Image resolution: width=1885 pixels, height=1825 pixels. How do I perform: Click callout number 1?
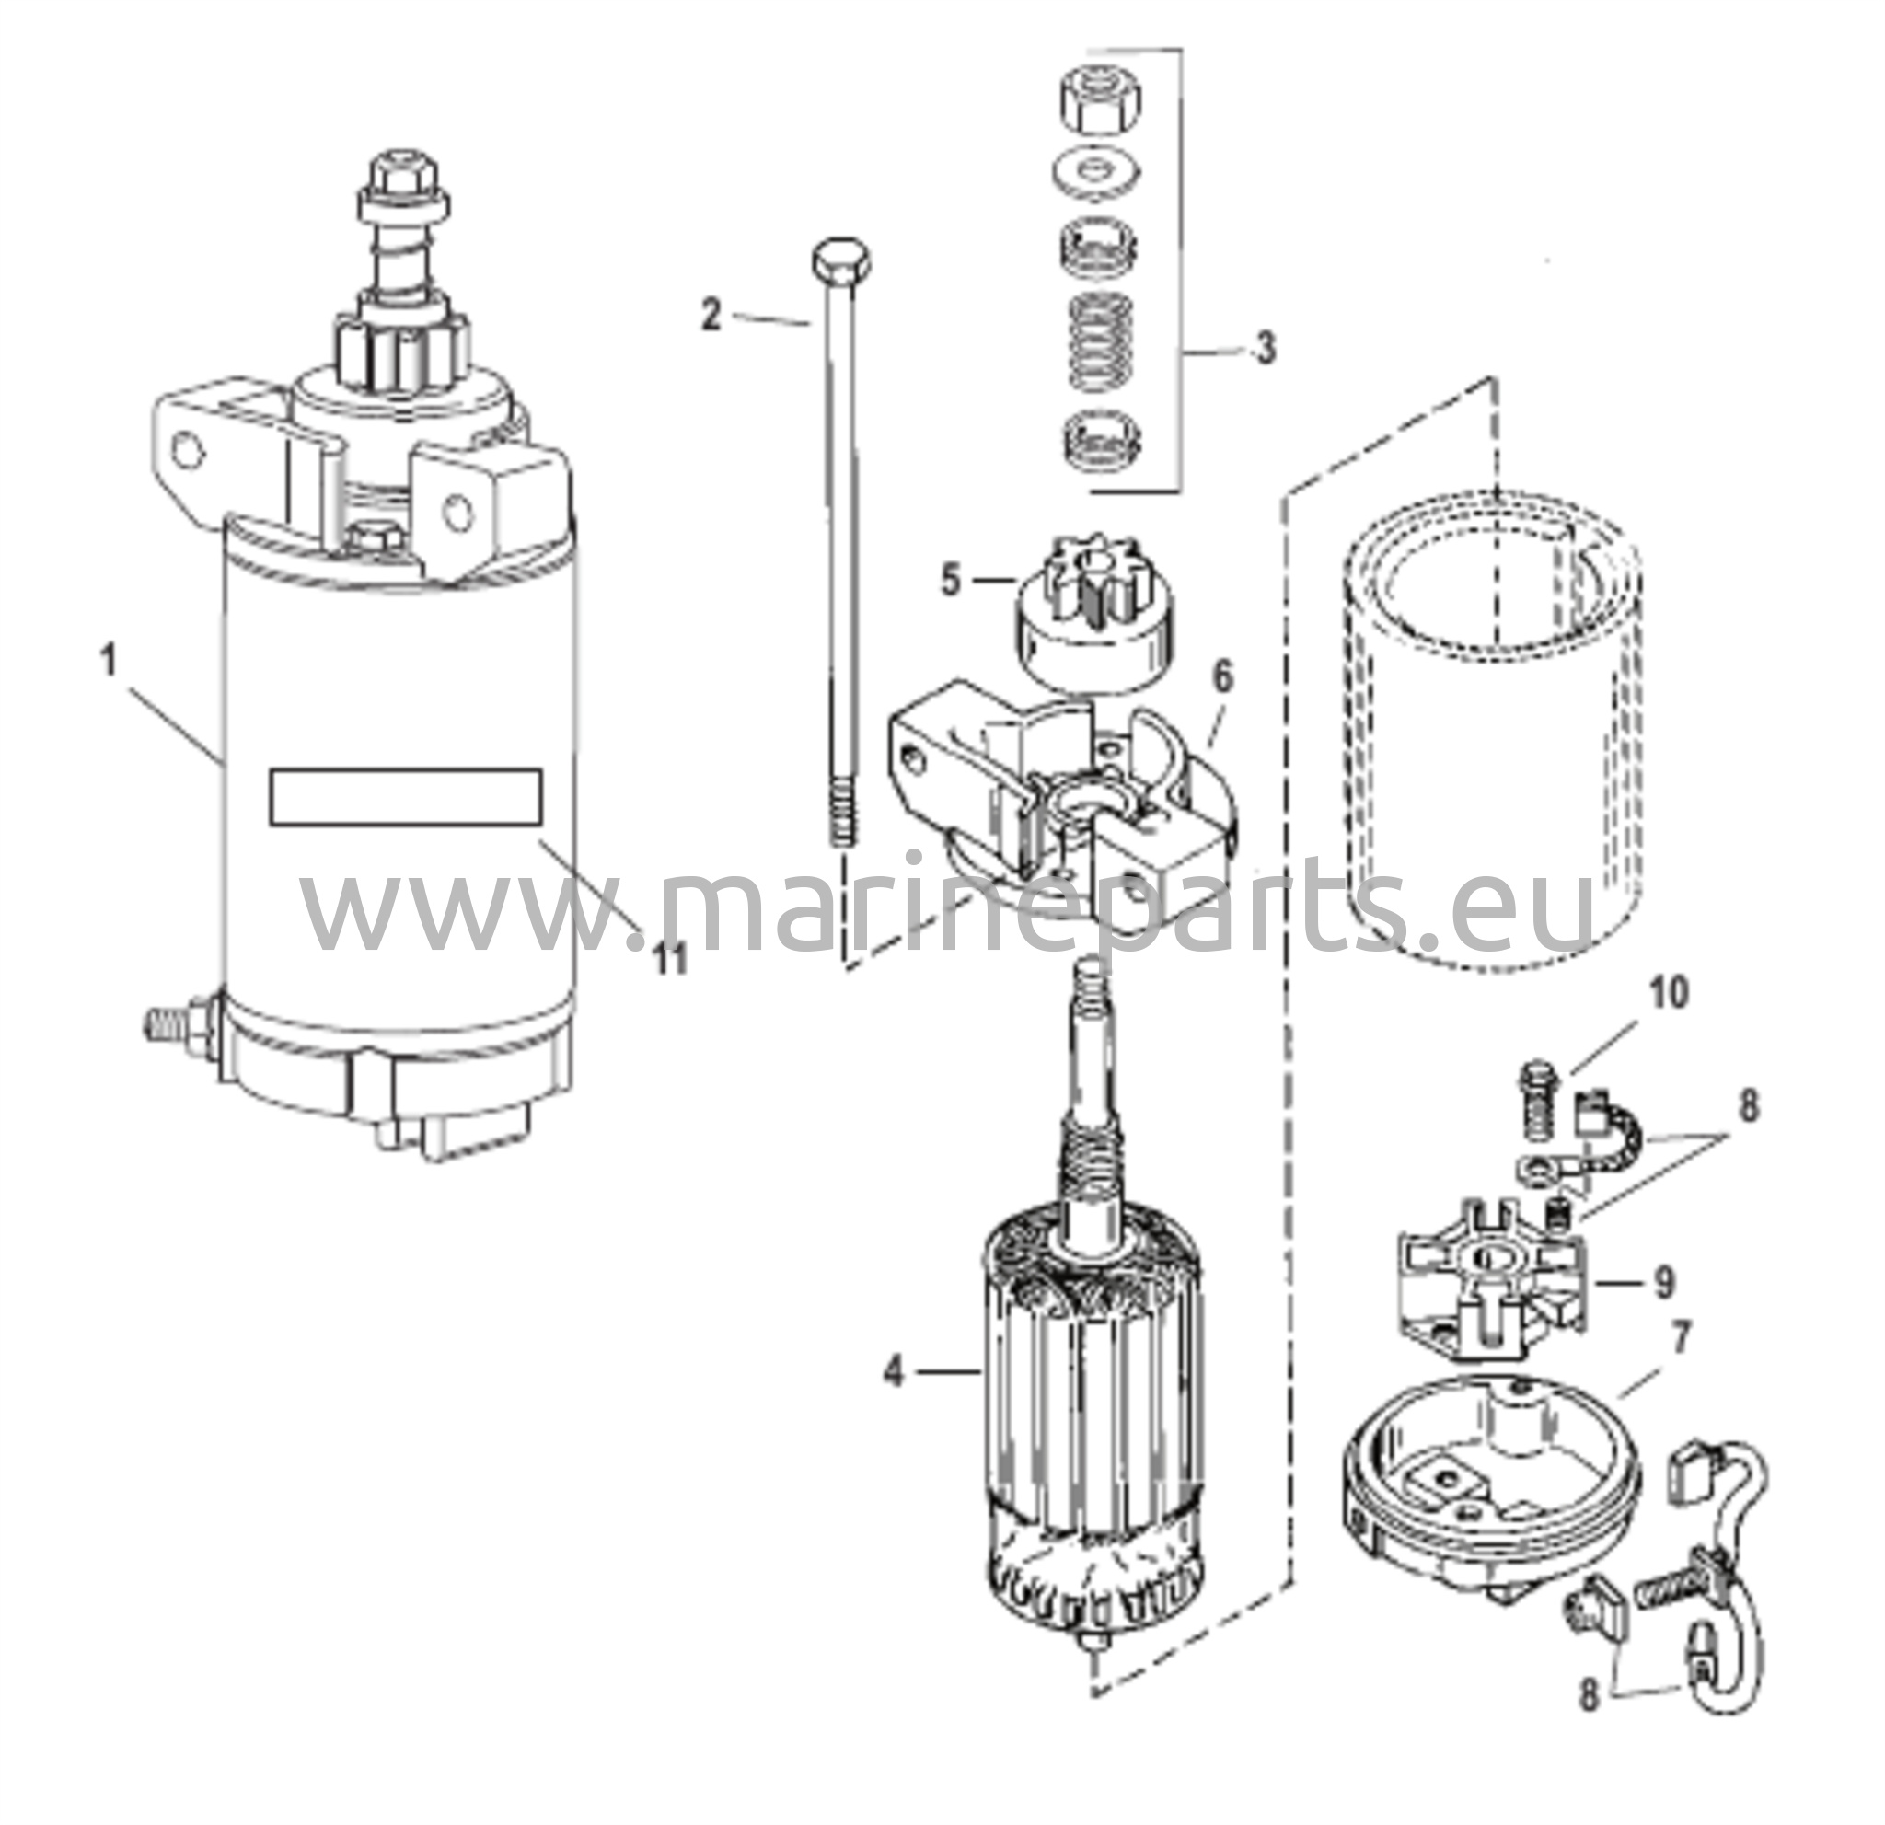pos(110,662)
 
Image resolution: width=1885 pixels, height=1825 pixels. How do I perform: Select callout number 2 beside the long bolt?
pos(711,316)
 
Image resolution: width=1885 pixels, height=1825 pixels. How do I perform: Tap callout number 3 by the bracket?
pos(1266,346)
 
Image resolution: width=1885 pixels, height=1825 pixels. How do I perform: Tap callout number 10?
pos(1670,992)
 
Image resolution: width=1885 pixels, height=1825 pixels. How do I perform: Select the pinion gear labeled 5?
pos(1097,625)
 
